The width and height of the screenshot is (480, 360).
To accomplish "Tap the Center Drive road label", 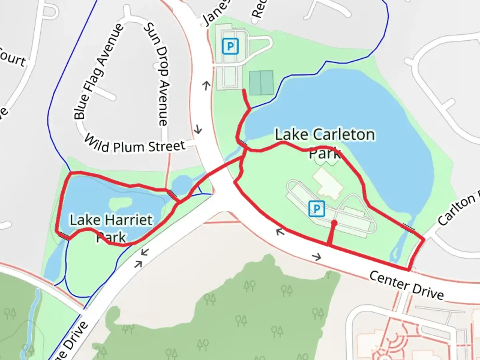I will coord(407,285).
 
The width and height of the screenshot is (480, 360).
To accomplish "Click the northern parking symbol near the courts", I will coord(230,46).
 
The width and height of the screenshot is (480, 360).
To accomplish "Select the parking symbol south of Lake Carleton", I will coord(316,209).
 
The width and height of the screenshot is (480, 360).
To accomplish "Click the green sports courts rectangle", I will coord(261,83).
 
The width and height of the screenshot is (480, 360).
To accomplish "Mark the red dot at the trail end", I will coord(334,222).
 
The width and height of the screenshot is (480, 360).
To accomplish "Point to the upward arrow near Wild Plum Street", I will coord(207,86).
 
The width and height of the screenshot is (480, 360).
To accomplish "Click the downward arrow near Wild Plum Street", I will coord(198,129).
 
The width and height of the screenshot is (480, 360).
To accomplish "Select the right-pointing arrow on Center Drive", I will coord(317,257).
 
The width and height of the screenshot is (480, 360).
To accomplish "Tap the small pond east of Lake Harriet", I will coord(181,184).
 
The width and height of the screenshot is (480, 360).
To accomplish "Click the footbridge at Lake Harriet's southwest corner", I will coord(64,236).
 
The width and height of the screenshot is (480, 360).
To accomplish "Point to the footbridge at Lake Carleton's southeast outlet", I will coord(409,227).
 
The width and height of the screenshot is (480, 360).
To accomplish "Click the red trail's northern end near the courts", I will coord(244,90).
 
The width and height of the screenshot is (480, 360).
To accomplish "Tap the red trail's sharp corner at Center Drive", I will coord(409,269).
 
